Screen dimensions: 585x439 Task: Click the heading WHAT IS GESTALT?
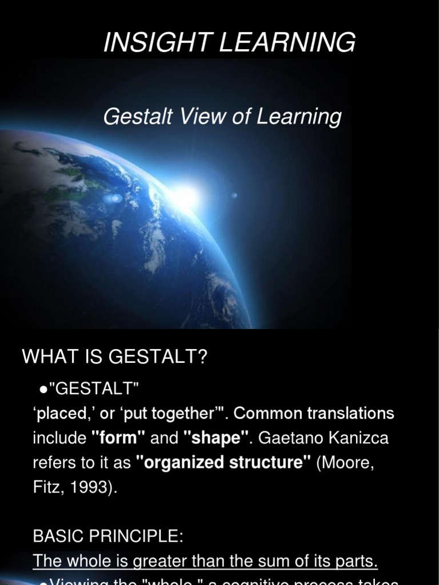coord(115,358)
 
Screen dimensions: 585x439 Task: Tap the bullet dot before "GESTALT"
coord(43,390)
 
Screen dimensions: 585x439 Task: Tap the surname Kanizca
coord(361,438)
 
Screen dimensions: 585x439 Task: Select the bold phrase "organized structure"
coord(224,463)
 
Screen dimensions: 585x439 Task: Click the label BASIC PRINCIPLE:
coord(108,536)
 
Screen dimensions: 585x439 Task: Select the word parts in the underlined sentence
coord(355,562)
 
